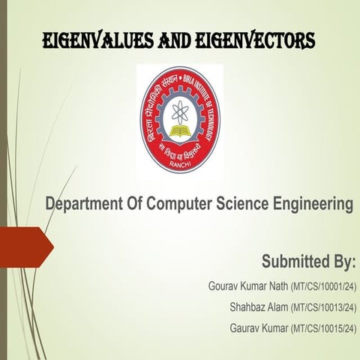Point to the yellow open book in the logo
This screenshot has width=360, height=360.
(179, 133)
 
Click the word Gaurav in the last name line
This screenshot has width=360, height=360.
(244, 328)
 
